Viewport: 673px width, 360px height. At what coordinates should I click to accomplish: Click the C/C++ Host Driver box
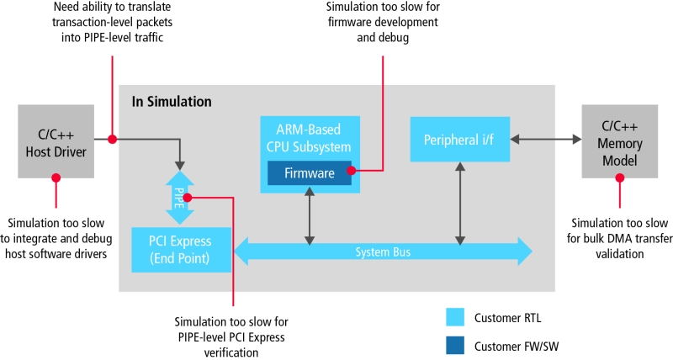[56, 141]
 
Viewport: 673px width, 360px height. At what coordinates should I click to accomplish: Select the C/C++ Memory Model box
[620, 141]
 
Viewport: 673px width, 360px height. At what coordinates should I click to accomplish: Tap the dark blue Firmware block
[310, 173]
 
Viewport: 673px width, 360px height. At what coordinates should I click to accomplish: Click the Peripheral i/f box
[460, 139]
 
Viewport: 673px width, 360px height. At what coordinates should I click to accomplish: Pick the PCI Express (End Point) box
[181, 250]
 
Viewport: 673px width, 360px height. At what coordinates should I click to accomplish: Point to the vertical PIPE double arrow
[180, 198]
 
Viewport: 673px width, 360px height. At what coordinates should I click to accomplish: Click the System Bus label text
[383, 251]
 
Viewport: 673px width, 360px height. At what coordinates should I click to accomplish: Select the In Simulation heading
[172, 102]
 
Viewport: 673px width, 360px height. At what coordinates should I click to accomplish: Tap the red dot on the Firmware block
[351, 171]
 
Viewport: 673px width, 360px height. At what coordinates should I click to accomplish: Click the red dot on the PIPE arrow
[187, 198]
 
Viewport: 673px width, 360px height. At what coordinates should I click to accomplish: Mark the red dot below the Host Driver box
[56, 177]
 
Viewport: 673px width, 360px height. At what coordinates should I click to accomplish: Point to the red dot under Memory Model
[620, 177]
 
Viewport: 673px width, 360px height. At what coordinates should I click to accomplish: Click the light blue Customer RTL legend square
[455, 317]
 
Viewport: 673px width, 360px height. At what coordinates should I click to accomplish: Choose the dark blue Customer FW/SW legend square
[455, 346]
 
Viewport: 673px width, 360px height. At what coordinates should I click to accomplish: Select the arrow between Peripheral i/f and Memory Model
[545, 139]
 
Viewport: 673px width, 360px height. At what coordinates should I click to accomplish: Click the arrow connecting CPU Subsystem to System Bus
[310, 216]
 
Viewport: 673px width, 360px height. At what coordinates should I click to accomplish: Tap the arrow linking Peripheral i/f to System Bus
[460, 204]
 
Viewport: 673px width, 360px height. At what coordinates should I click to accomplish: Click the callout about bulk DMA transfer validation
[620, 239]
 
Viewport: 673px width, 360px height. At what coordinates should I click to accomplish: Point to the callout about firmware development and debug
[383, 23]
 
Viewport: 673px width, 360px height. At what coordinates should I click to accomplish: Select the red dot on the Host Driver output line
[112, 139]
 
